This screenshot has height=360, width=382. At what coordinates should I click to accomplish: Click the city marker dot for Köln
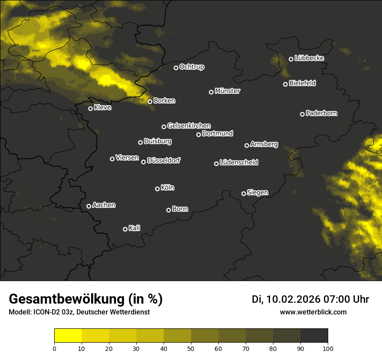click(157, 189)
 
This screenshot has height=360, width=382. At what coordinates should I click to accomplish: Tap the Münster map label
click(227, 91)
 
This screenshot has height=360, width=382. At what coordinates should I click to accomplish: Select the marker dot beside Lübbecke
click(291, 59)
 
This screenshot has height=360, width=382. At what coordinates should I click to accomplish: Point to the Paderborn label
click(321, 113)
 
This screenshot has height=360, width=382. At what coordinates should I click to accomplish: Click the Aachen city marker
click(89, 206)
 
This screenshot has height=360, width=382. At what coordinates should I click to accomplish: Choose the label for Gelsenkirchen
click(189, 126)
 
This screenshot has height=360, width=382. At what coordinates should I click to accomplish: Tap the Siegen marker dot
click(244, 193)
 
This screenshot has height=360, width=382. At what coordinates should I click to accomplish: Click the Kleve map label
click(102, 108)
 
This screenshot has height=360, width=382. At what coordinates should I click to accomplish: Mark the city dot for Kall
click(125, 229)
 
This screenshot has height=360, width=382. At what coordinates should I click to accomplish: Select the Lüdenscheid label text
click(239, 163)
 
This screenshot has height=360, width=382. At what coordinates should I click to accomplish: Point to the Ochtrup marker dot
click(176, 68)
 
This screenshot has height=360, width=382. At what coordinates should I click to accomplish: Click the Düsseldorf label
click(164, 160)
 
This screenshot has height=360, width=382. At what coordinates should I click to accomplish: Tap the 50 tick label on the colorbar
click(191, 348)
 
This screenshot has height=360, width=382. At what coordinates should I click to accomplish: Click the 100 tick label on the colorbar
click(328, 348)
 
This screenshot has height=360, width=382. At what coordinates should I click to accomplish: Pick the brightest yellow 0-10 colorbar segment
click(68, 336)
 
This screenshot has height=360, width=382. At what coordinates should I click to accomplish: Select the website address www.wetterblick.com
click(313, 312)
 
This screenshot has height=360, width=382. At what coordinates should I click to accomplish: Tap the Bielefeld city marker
click(285, 84)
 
